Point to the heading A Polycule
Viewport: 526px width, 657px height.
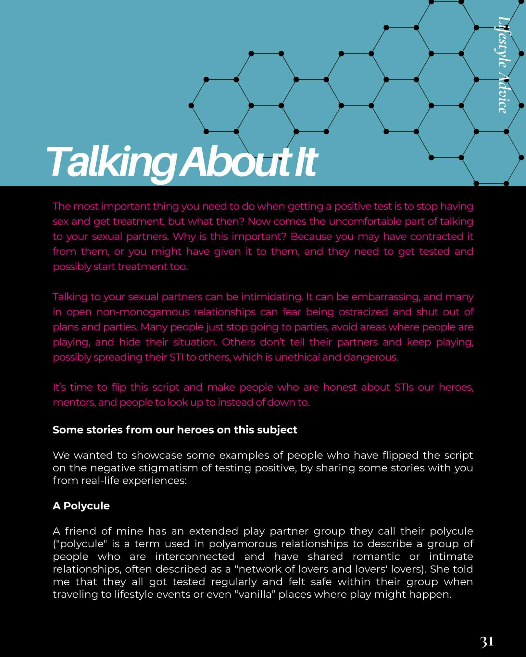click(x=81, y=506)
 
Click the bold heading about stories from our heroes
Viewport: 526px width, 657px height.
click(x=175, y=430)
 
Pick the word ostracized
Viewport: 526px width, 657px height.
click(x=363, y=312)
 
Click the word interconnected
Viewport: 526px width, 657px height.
click(x=195, y=556)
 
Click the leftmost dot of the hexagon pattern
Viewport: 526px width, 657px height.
click(x=191, y=105)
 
